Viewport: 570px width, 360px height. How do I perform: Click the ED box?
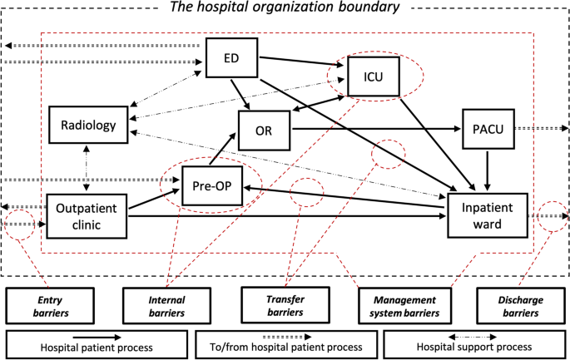(x=231, y=57)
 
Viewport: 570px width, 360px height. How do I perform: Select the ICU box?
(x=374, y=76)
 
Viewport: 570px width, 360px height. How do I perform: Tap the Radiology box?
(x=88, y=125)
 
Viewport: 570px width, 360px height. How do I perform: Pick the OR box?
(x=264, y=131)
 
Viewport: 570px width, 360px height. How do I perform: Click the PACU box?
(x=488, y=129)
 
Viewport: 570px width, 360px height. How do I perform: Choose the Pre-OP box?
(x=212, y=185)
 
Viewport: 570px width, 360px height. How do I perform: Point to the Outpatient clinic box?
(x=87, y=216)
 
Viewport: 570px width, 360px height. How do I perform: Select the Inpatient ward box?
(x=488, y=215)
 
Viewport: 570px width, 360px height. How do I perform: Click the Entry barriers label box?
(x=50, y=306)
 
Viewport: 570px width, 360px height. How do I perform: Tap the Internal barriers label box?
(x=166, y=306)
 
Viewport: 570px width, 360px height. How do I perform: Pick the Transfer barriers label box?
(x=285, y=305)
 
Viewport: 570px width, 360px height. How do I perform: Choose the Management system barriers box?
(x=404, y=306)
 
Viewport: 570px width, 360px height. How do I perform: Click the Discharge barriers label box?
(x=521, y=306)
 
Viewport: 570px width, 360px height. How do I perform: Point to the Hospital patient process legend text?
(x=97, y=348)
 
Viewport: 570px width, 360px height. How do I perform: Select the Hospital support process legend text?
(x=474, y=347)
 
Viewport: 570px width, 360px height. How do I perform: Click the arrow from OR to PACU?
(x=376, y=129)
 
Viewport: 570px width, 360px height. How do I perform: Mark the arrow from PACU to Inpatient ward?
(x=488, y=170)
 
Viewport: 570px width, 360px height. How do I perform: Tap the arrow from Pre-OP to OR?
(x=222, y=150)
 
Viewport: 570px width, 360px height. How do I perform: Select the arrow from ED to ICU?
(x=302, y=62)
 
